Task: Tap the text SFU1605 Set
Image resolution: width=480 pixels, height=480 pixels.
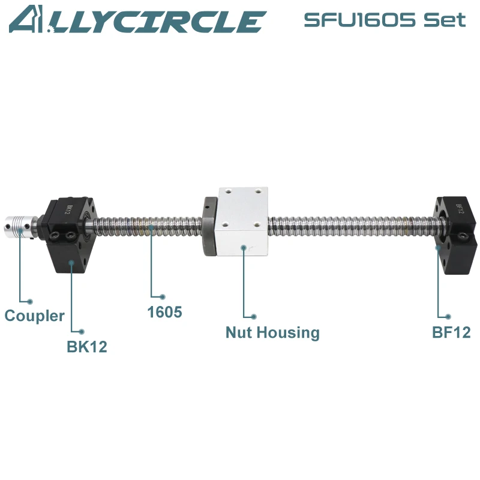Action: (384, 20)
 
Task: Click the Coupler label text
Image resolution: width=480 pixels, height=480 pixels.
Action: (34, 316)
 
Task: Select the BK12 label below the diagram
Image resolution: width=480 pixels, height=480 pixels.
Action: (86, 347)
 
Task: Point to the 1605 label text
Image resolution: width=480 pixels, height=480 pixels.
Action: (164, 312)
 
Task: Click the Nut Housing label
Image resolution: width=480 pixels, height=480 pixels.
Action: (272, 332)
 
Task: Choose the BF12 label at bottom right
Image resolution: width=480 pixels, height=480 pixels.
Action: (451, 332)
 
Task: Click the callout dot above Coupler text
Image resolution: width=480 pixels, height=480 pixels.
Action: (31, 301)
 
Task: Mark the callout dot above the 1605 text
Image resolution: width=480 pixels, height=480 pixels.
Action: (163, 296)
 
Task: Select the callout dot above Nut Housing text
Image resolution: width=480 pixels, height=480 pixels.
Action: (254, 316)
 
